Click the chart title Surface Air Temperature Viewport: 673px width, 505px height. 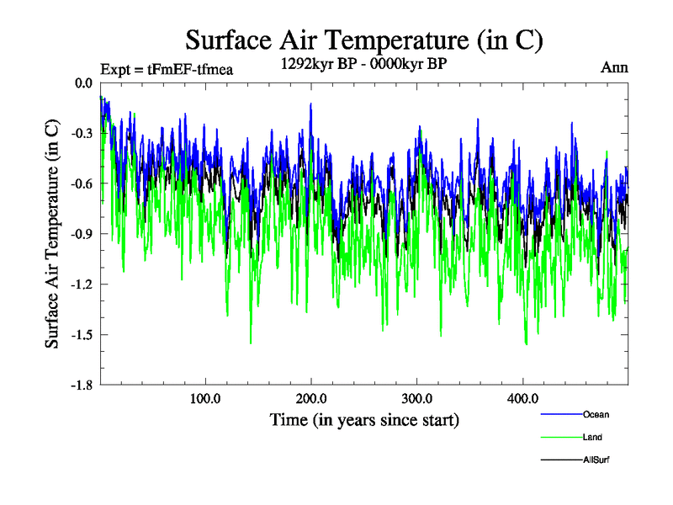(363, 40)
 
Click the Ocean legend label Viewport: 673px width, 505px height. (596, 414)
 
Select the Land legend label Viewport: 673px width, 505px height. (592, 438)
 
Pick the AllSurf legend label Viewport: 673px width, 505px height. (596, 460)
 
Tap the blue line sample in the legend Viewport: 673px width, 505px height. (560, 415)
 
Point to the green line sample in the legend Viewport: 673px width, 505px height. (560, 438)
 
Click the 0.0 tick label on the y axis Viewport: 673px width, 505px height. (83, 83)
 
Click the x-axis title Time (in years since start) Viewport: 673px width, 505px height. (364, 419)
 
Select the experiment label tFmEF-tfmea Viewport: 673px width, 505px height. (166, 69)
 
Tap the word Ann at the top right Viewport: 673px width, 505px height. (614, 67)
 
